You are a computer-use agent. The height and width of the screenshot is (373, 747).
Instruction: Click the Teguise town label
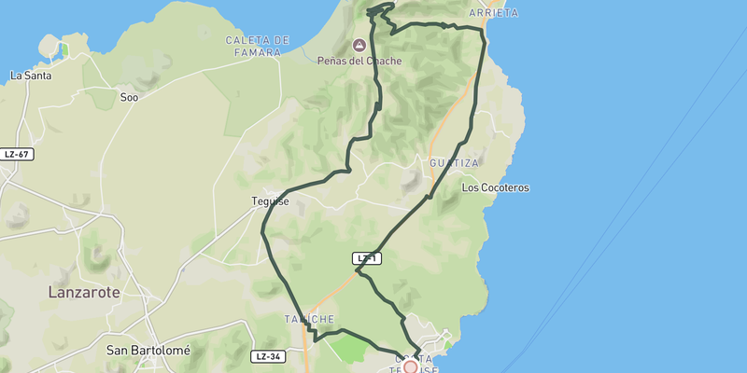coord(268,201)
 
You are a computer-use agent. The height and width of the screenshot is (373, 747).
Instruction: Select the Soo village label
coord(129,96)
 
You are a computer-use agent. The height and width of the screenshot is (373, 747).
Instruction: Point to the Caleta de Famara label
coord(258,46)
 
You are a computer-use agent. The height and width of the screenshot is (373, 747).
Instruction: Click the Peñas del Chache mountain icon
coord(359,45)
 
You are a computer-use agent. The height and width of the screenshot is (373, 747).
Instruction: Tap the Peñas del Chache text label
coord(359,62)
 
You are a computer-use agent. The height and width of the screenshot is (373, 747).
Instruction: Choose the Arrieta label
coord(494,14)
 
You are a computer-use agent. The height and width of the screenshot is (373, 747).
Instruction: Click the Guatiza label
coord(454,163)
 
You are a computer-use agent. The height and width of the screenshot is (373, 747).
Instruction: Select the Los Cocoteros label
coord(495,187)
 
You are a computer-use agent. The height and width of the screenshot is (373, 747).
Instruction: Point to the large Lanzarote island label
coord(84,292)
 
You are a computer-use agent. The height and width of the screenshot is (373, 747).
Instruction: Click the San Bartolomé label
coord(148,351)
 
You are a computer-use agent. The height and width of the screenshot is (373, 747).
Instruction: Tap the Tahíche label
coord(309,319)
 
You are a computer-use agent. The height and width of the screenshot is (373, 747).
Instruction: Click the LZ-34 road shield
coord(268,356)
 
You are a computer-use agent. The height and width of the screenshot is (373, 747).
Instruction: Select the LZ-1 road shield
coord(367,257)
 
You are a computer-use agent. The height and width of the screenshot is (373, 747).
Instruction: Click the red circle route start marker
coord(410,367)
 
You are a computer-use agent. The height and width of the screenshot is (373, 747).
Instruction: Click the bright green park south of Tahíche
coord(349,350)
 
